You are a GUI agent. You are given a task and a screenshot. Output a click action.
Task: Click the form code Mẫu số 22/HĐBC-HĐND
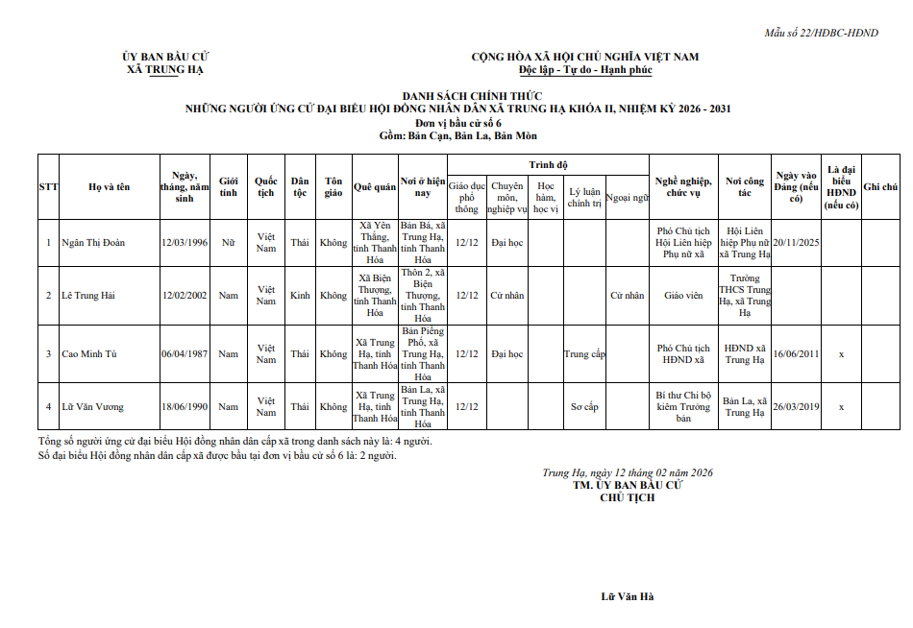click(x=821, y=34)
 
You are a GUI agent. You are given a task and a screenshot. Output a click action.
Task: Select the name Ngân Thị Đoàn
click(x=93, y=243)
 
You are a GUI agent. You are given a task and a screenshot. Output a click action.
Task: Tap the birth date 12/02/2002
click(x=185, y=296)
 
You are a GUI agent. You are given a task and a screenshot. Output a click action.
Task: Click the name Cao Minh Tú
click(x=89, y=354)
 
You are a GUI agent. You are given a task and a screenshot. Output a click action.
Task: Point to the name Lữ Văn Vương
click(x=92, y=407)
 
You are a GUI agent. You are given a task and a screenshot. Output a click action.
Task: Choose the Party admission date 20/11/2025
click(x=796, y=243)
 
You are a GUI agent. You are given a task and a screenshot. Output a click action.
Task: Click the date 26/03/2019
click(x=796, y=407)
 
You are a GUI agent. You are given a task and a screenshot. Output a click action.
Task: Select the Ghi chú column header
click(x=880, y=186)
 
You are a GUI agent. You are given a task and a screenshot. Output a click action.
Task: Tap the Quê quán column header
click(x=375, y=186)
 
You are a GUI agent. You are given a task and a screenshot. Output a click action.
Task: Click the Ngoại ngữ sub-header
click(x=628, y=197)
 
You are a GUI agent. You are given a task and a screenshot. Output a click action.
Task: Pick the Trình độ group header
click(x=548, y=165)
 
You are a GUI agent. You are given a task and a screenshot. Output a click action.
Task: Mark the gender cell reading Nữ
click(x=228, y=243)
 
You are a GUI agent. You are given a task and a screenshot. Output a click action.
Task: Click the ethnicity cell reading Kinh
click(x=300, y=296)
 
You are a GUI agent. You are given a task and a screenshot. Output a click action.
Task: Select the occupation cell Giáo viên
click(x=682, y=296)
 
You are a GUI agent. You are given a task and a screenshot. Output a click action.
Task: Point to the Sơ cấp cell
click(x=584, y=407)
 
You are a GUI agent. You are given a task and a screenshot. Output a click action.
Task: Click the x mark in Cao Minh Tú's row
click(x=841, y=354)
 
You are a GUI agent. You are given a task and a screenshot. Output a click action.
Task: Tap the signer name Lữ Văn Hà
click(x=627, y=597)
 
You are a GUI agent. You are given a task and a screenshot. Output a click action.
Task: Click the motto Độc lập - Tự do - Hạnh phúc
click(x=584, y=70)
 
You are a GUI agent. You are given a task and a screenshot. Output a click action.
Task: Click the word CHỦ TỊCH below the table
click(x=627, y=497)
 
